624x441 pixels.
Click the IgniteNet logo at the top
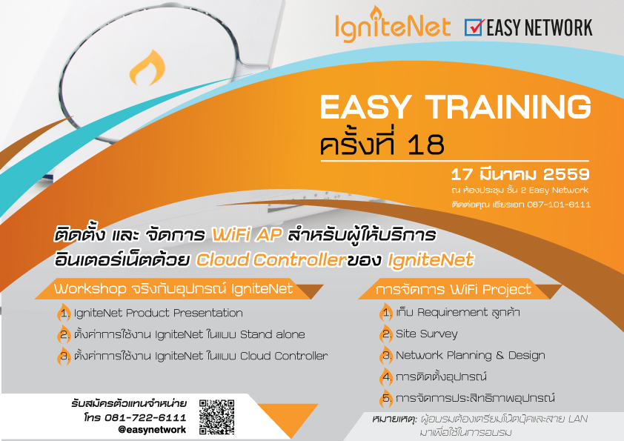point(392,24)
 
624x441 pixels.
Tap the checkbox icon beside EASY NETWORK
point(474,27)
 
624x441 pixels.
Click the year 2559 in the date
point(566,174)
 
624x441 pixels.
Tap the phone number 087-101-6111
point(559,205)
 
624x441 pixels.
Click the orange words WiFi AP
point(247,235)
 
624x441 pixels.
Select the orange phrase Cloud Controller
point(271,260)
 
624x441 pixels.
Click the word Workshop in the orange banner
point(90,289)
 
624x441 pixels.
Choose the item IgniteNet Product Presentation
point(158,314)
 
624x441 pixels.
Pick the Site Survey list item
point(427,334)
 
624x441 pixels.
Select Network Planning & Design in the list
point(471,356)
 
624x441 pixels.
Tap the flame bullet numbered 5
point(387,399)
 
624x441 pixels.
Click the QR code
point(216,417)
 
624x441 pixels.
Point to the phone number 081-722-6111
point(145,417)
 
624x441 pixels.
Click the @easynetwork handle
point(152,429)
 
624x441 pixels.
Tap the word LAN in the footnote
point(577,419)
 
